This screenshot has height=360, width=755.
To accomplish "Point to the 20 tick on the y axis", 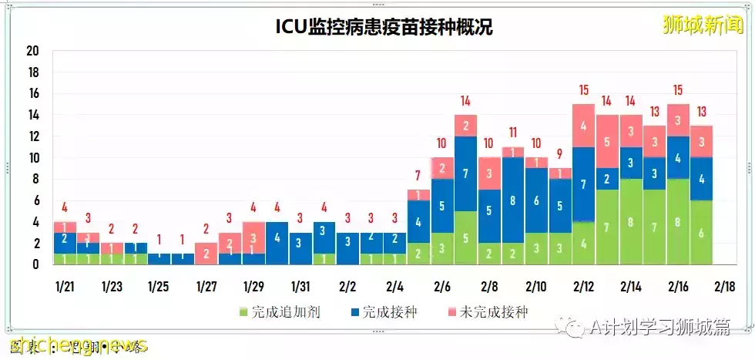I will (32, 51).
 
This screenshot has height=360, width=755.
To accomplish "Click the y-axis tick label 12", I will (32, 136).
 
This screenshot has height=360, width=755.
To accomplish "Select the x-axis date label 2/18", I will (725, 287).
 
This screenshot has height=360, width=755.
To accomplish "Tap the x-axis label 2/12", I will (583, 287).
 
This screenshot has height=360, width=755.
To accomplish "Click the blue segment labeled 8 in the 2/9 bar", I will (512, 200).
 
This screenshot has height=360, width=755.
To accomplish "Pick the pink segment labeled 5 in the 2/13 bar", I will (607, 142).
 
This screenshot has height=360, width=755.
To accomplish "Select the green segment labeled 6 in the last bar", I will (702, 233).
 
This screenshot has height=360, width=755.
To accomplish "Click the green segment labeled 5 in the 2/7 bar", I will (465, 238).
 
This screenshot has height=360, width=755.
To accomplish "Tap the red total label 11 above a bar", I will (512, 132).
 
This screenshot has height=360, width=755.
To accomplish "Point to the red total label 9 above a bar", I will (560, 153).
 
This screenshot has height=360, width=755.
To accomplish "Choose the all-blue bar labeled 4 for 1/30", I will (276, 243).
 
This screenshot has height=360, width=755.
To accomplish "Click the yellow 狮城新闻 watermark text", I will (703, 25).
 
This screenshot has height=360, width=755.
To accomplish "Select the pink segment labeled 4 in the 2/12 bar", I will (583, 126).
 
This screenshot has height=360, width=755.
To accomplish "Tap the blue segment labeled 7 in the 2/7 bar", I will (465, 173).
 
